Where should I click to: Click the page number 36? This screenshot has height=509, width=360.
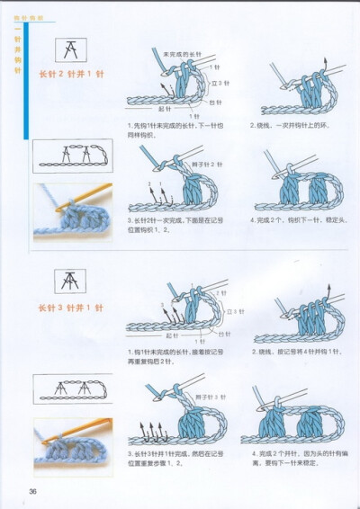click(x=31, y=490)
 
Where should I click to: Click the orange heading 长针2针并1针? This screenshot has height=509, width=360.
click(x=70, y=74)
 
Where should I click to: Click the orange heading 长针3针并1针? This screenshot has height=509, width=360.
click(x=70, y=308)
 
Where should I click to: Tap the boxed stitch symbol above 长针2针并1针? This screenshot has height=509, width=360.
click(x=68, y=50)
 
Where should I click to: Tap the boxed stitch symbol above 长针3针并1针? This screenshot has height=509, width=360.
click(x=68, y=281)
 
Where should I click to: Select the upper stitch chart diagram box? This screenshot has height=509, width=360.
click(x=72, y=156)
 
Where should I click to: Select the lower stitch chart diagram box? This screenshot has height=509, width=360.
click(x=72, y=388)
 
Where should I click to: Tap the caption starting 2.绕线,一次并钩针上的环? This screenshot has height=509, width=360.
click(x=290, y=125)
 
